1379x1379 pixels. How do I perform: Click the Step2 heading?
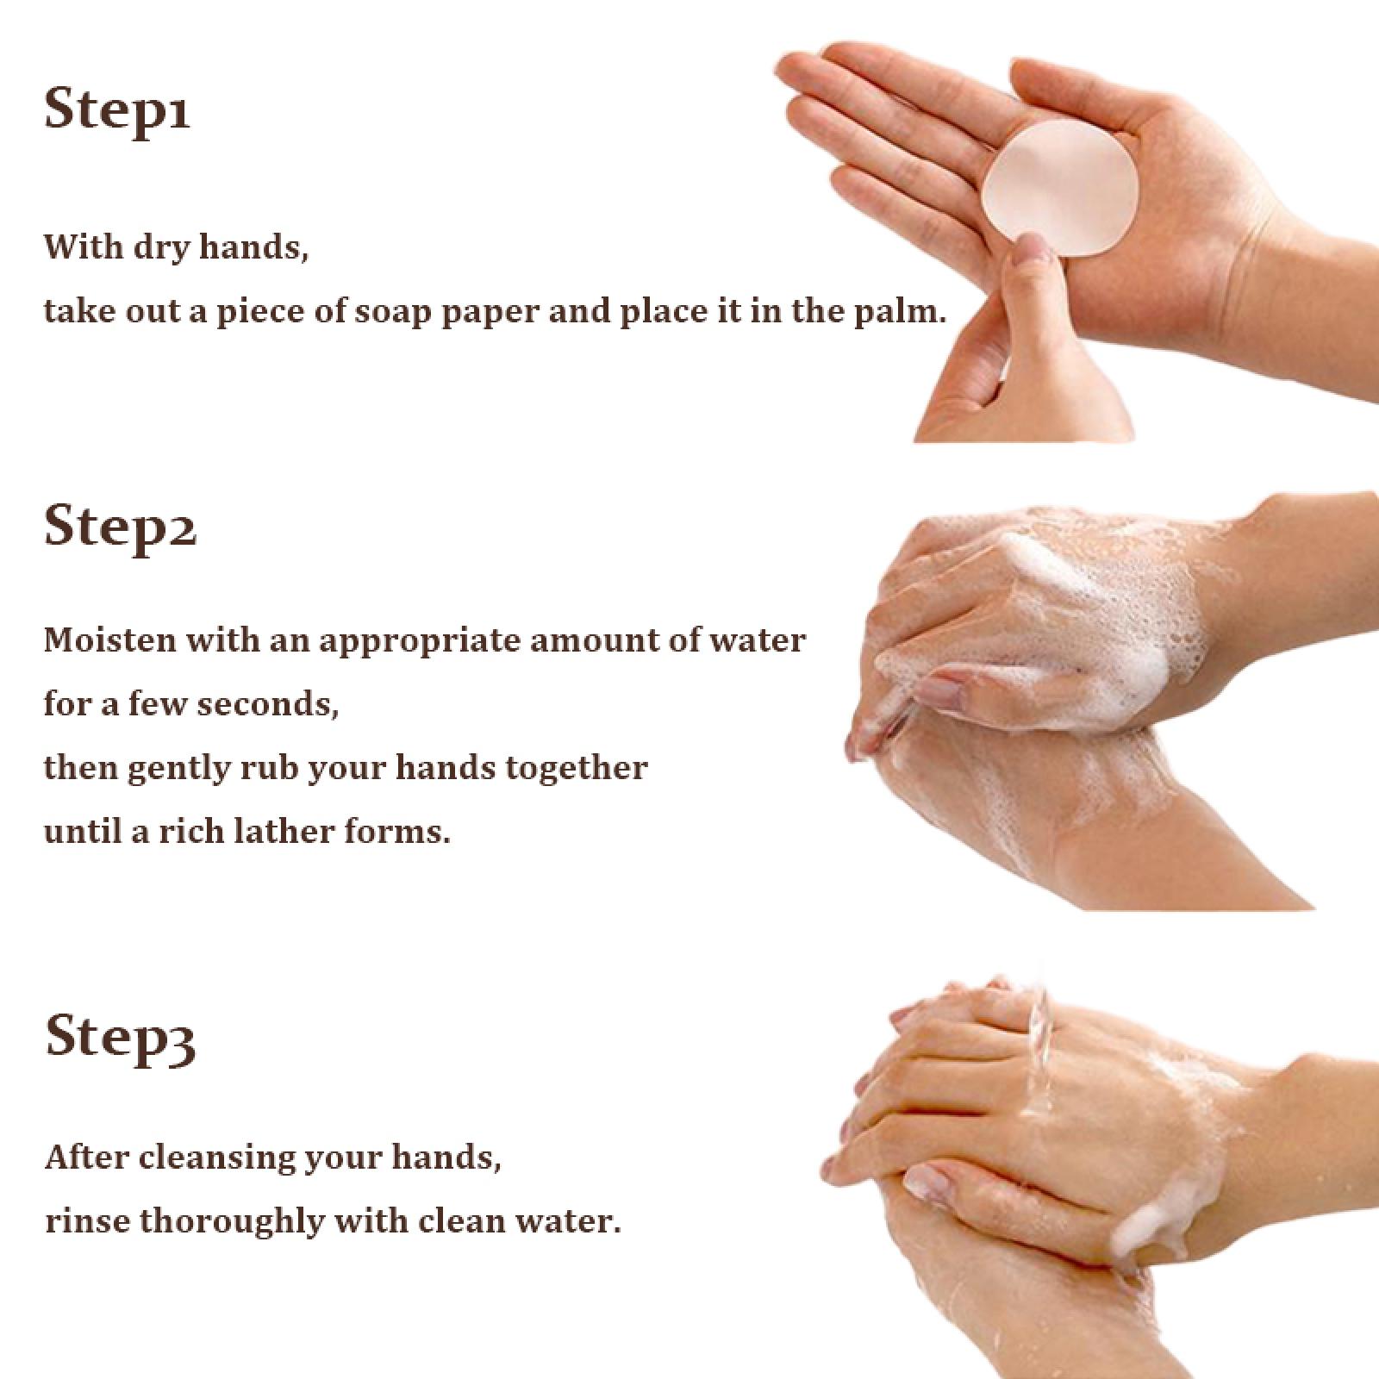click(120, 527)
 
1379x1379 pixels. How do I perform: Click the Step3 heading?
click(120, 1036)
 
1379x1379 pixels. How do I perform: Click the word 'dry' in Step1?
click(164, 248)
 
